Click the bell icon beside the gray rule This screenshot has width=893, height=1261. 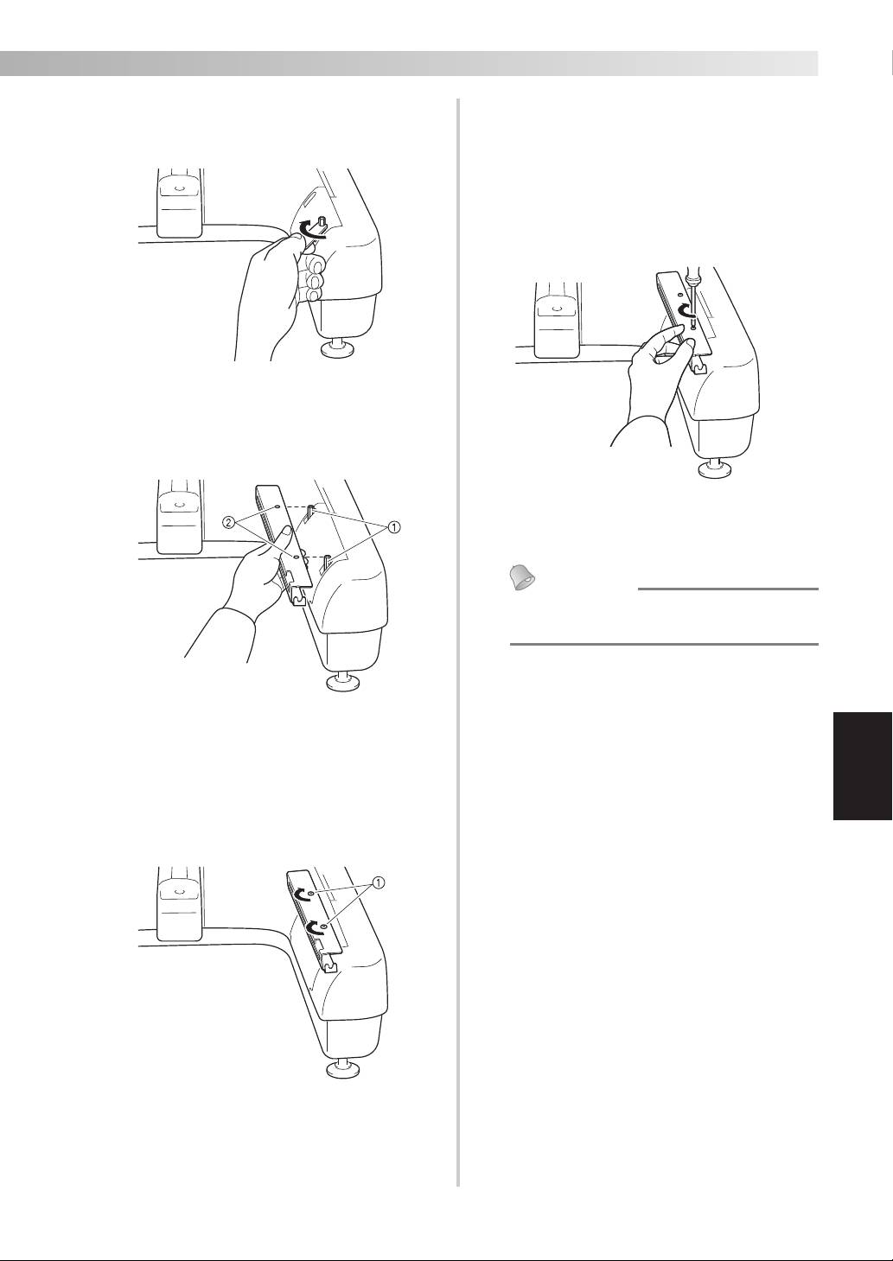tap(522, 578)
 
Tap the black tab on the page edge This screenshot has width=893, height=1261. tap(863, 766)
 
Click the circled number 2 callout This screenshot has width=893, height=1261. tap(228, 522)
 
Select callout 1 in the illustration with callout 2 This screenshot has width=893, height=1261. tap(395, 527)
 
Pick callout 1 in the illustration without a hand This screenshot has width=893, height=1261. tap(378, 883)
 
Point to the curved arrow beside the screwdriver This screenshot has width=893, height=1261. tap(683, 310)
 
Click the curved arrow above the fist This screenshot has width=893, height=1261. tap(311, 229)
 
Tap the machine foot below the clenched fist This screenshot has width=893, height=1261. tap(337, 347)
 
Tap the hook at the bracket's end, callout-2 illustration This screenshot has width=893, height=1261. tap(299, 601)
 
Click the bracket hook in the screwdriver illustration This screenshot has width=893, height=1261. tap(698, 368)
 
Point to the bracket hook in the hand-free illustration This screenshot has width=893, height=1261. tap(329, 968)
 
